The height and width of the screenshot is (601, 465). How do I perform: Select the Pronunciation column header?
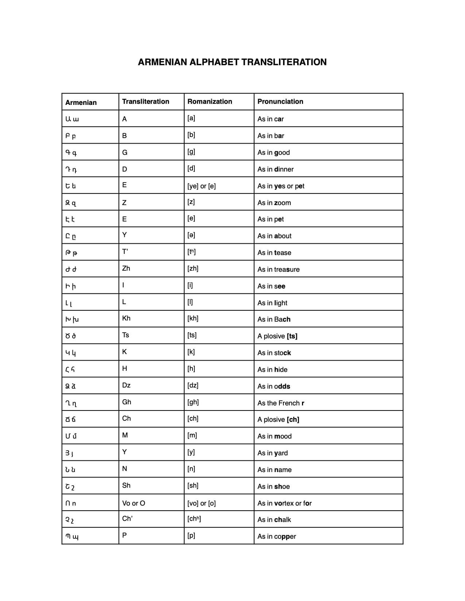click(x=280, y=102)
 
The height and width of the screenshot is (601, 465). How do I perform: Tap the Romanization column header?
click(x=210, y=102)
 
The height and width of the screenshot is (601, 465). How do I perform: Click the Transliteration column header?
click(x=146, y=102)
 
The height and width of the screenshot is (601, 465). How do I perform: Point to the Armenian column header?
click(x=81, y=103)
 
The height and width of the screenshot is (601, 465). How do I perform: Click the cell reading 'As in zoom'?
click(x=274, y=203)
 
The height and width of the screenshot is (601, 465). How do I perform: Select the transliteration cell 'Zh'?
click(x=126, y=268)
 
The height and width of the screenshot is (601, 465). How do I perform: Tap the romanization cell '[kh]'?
click(x=193, y=318)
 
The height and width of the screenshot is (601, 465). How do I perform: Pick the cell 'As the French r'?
click(x=280, y=403)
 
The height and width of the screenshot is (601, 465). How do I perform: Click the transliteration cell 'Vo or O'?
click(x=133, y=503)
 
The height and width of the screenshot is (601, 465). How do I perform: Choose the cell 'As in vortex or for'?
click(x=284, y=503)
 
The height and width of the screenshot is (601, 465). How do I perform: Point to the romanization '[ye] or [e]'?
click(x=201, y=186)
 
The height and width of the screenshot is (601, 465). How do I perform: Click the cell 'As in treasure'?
click(x=278, y=270)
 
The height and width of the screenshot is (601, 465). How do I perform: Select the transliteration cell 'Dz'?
click(x=126, y=385)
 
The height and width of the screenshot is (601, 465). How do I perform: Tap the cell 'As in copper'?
click(x=276, y=537)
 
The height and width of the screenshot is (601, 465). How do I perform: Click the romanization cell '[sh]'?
click(x=193, y=486)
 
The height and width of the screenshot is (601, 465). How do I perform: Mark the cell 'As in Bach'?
click(x=274, y=319)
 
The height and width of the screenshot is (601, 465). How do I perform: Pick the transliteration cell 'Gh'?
click(x=127, y=402)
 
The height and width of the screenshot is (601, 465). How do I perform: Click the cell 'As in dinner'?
click(x=275, y=169)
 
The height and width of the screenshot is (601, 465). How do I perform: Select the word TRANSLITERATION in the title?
click(x=284, y=62)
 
